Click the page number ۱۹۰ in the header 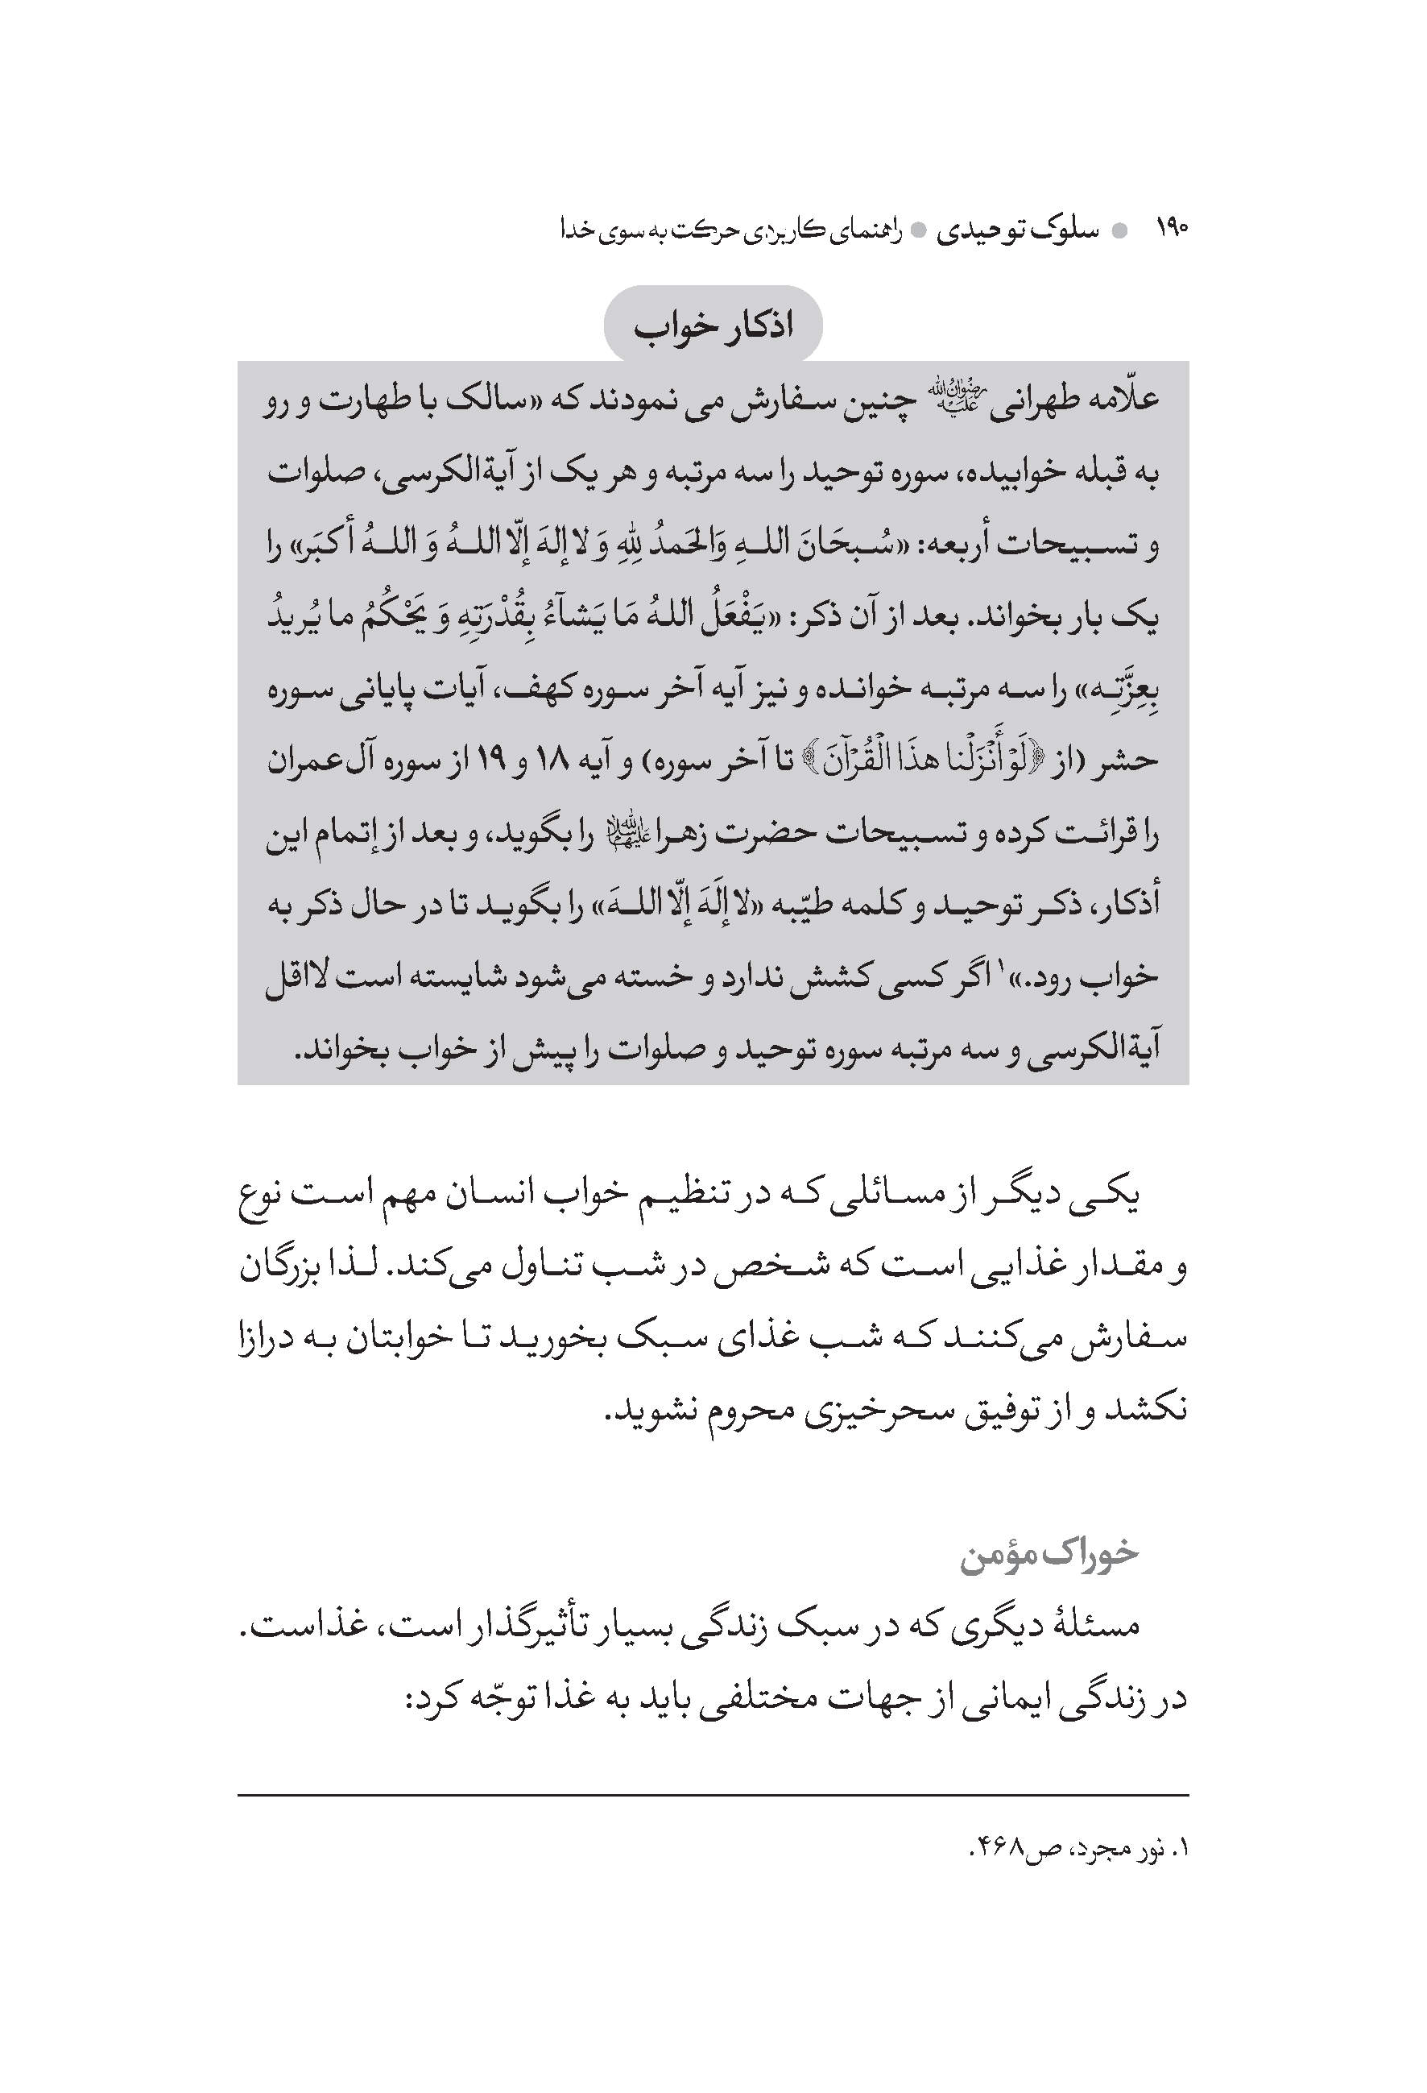click(1171, 230)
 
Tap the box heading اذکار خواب click(713, 326)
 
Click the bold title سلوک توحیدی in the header click(1017, 230)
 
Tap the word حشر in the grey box click(1132, 761)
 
